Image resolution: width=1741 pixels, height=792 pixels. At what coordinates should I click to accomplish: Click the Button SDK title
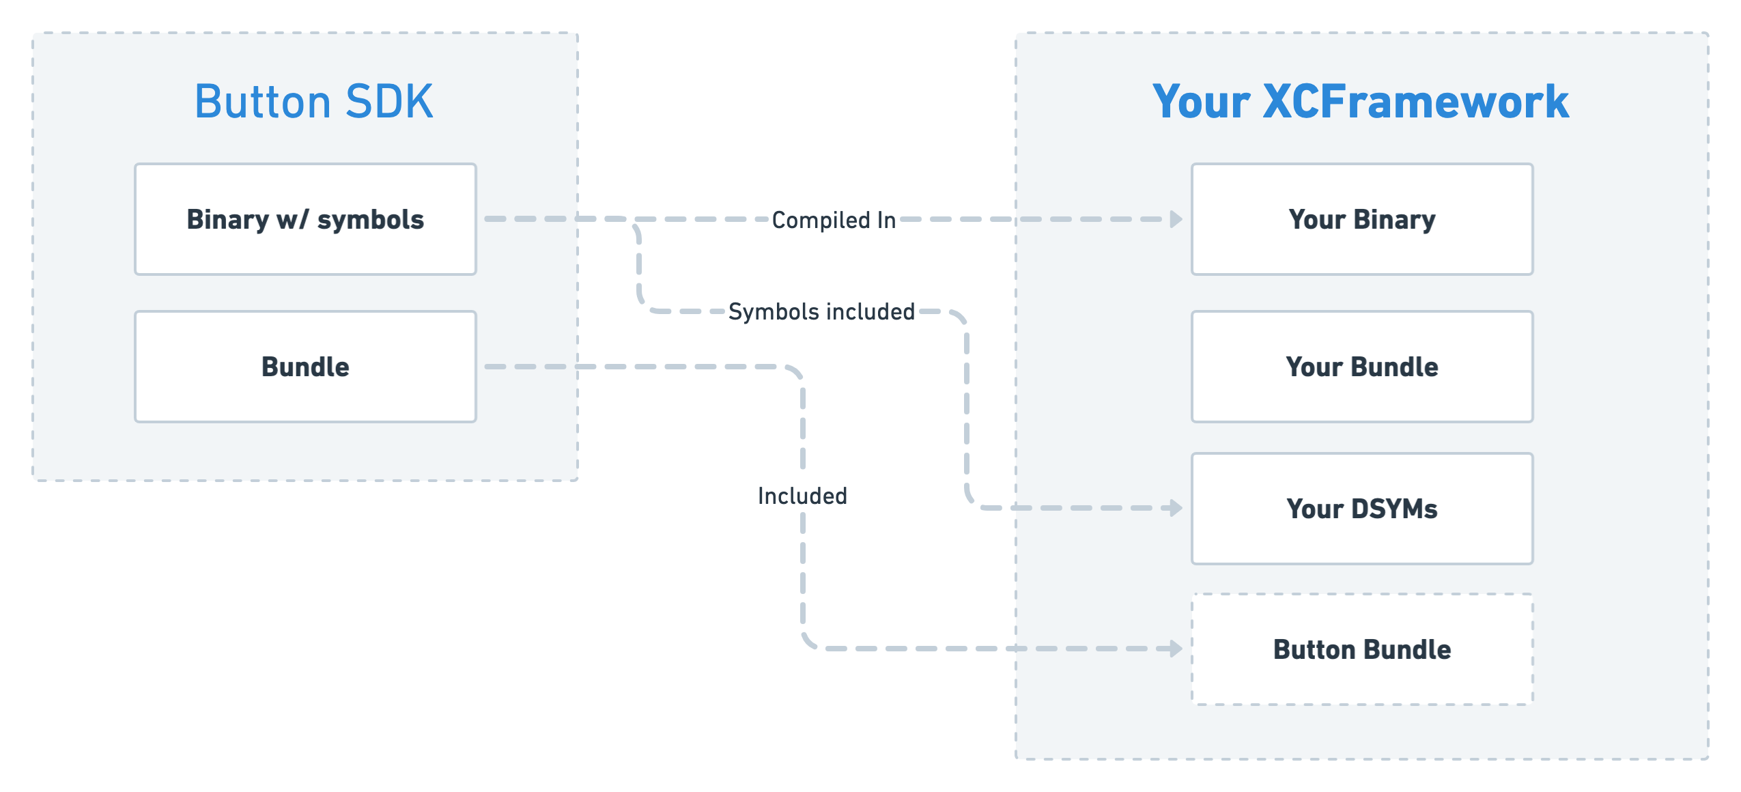313,102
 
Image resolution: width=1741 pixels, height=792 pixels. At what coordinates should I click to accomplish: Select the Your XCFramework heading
1361,102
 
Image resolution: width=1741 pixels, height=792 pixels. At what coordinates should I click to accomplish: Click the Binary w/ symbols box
305,219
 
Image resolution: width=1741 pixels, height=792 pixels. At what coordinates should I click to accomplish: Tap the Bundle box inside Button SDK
305,367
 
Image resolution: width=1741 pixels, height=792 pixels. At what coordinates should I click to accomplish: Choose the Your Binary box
1362,219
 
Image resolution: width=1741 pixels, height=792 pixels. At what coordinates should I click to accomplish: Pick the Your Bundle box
1362,367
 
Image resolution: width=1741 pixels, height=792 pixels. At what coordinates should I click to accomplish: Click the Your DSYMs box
1362,509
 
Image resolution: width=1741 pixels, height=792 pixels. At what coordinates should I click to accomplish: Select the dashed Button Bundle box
1362,649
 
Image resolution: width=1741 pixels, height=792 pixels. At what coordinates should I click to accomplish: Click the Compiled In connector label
834,220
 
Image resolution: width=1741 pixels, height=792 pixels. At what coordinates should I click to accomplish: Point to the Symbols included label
821,311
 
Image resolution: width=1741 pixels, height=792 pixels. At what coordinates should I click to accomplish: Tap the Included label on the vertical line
802,496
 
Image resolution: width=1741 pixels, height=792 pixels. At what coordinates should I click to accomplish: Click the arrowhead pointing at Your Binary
1176,219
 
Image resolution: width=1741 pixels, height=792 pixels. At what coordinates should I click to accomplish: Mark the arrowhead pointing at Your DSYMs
1176,508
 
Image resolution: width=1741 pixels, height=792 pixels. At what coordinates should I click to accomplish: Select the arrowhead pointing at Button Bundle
1176,649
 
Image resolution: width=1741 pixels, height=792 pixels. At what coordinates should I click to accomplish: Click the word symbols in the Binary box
371,220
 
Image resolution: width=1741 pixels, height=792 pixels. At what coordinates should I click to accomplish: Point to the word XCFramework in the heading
1415,102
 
